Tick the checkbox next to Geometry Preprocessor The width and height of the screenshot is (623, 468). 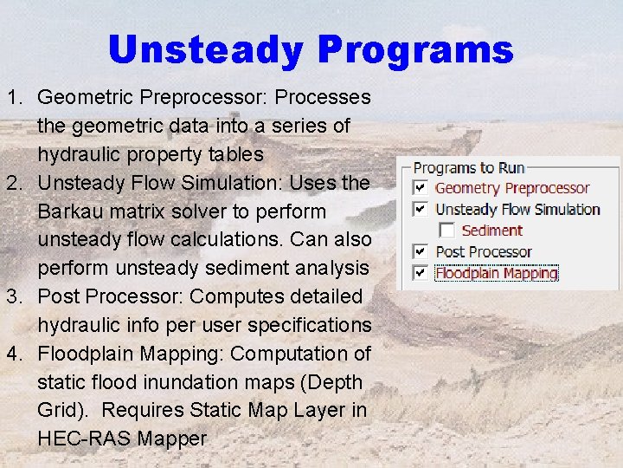(420, 188)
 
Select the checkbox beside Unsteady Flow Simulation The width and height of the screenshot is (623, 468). (420, 209)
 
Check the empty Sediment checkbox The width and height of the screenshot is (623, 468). (446, 231)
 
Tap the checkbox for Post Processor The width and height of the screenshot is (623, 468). (420, 251)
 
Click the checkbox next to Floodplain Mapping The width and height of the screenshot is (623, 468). (420, 273)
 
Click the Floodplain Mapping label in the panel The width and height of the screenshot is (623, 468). (496, 273)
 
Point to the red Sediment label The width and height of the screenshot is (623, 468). (491, 231)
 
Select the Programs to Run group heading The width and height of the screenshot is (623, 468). (468, 167)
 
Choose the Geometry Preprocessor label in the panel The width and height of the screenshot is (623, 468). (511, 188)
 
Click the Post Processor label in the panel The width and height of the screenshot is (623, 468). (483, 251)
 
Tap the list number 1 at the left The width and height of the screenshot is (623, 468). (14, 97)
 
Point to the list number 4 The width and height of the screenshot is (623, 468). (14, 354)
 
